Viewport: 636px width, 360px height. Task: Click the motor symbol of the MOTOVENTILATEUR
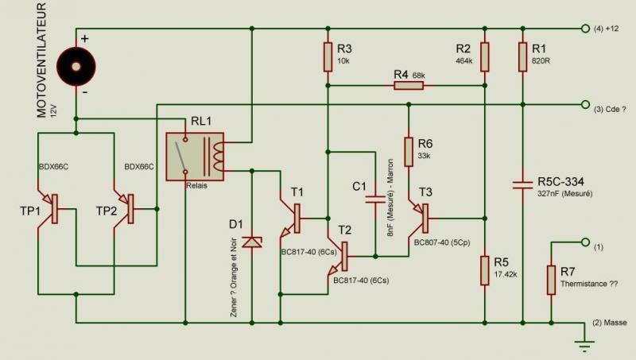tap(76, 67)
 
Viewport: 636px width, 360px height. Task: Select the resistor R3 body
tap(328, 57)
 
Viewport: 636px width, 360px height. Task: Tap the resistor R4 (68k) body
tap(409, 86)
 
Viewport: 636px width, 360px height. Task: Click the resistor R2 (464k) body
tap(485, 57)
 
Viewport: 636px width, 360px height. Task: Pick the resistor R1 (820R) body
tap(523, 57)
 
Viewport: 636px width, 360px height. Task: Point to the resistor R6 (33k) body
tap(409, 152)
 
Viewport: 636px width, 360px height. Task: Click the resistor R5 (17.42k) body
tap(485, 270)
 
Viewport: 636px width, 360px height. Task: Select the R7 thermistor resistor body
tap(551, 280)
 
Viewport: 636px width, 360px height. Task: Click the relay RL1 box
tap(195, 157)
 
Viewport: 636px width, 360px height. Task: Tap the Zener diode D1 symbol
tap(252, 242)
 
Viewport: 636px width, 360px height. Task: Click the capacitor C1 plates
tap(375, 199)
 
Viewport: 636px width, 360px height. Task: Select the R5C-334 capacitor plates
tap(523, 185)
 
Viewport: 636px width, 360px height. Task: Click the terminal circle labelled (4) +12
tap(585, 29)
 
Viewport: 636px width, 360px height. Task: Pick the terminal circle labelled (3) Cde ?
tap(585, 105)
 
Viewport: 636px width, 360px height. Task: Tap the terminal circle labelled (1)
tap(585, 242)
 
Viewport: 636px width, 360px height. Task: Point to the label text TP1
tap(30, 211)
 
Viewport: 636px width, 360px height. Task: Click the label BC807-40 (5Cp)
tap(442, 242)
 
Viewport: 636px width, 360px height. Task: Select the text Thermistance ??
tap(589, 284)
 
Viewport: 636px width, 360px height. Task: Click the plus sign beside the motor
tap(85, 39)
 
